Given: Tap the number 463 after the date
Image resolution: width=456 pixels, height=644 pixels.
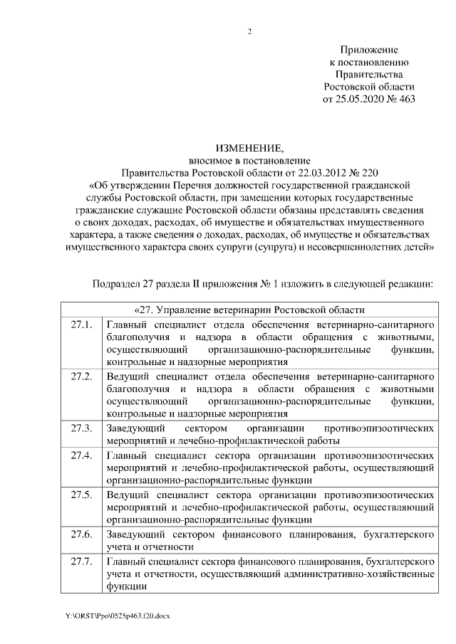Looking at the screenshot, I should coord(404,98).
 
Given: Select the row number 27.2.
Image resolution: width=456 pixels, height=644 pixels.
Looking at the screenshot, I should coord(82,376).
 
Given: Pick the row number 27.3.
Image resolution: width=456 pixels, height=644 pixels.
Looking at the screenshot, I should coord(82,428).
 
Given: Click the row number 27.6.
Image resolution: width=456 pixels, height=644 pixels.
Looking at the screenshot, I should coord(82,533).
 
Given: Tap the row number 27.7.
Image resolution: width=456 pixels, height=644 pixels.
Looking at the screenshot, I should coord(82,561).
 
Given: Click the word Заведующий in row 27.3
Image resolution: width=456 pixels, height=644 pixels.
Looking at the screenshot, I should coord(135,428).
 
